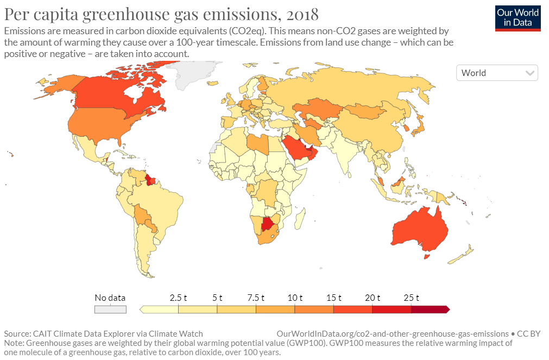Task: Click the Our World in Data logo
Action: [x=518, y=17]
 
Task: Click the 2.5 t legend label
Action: [x=178, y=298]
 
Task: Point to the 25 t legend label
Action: [x=411, y=298]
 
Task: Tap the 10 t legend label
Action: [x=295, y=298]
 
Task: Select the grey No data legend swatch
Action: [x=110, y=310]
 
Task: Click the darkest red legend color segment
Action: [x=429, y=310]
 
